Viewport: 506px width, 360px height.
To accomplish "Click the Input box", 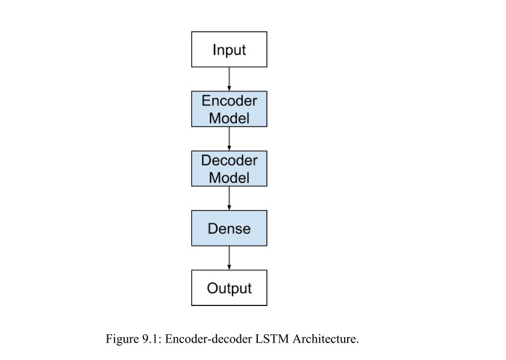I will tap(229, 49).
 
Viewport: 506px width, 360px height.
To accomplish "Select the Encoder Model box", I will tap(229, 109).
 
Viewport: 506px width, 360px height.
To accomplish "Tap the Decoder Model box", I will tap(229, 169).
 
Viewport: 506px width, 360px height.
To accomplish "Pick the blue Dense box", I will tap(229, 228).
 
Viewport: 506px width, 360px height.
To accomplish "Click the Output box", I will tap(229, 288).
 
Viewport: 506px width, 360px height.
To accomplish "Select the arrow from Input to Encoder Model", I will tap(229, 79).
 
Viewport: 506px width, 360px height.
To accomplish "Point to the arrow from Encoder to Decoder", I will tap(229, 139).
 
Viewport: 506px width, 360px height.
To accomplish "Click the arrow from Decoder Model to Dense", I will tap(229, 198).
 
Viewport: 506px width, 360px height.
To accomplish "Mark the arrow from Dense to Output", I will tap(229, 258).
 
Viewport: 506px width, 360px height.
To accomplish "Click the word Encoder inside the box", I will tap(229, 101).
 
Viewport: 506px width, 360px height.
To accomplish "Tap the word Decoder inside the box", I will tap(229, 160).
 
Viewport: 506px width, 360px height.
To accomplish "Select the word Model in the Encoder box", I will tap(229, 118).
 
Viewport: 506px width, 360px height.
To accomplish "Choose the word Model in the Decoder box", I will tap(229, 178).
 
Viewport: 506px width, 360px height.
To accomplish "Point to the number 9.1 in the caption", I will tap(151, 340).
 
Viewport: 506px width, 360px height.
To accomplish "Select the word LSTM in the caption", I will tap(274, 340).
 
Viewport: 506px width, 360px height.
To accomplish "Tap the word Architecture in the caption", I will tap(326, 340).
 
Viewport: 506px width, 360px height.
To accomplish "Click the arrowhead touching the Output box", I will tap(229, 268).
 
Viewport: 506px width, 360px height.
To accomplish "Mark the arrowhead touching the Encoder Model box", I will tap(229, 88).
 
